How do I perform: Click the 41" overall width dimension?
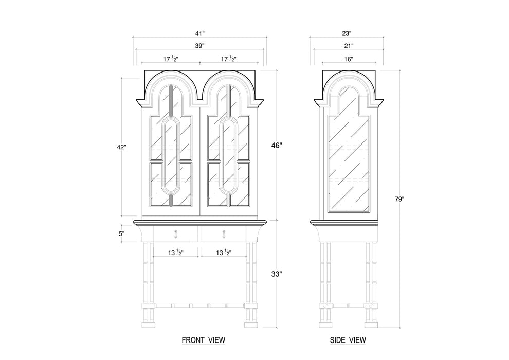pos(199,33)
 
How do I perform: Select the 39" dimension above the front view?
pos(199,45)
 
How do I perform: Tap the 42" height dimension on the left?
pos(122,147)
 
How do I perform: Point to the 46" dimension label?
pos(277,146)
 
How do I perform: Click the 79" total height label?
pos(399,199)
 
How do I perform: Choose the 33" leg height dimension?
pos(277,275)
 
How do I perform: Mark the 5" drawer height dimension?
pos(122,233)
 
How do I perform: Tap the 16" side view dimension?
pos(349,59)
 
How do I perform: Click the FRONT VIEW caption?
pos(203,340)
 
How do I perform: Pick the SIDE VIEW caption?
pos(348,340)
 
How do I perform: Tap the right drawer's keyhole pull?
pos(224,234)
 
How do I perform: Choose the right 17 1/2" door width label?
pos(228,59)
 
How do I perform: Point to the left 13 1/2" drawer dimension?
pos(176,253)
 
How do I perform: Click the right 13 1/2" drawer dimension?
pos(224,253)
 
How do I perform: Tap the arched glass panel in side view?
pos(349,149)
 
